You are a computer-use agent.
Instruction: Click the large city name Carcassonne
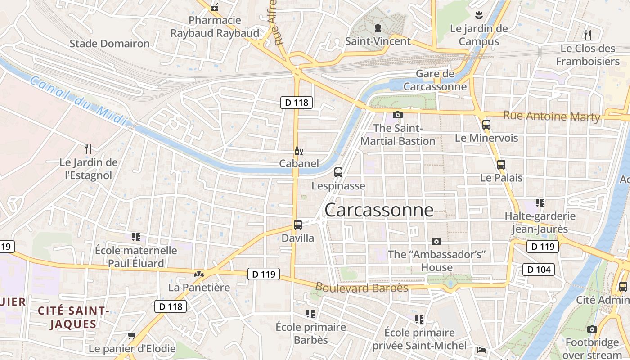pos(379,210)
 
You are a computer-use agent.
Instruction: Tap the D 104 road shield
pos(538,270)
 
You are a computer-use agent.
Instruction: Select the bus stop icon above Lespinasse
pos(338,172)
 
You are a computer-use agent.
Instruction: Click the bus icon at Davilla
pos(297,225)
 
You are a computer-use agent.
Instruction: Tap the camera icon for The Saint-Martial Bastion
pos(397,115)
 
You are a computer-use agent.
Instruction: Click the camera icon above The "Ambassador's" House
pos(436,242)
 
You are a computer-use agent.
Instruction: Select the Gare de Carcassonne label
pos(435,80)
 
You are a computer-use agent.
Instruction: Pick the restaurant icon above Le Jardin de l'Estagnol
pos(88,148)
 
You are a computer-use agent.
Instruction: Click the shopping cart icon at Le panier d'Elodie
pos(132,335)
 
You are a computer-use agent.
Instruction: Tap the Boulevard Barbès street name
pos(362,288)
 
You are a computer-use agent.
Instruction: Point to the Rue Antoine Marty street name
pos(552,116)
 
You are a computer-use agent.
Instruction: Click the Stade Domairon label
pos(109,44)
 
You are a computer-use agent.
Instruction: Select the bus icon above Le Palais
pos(501,165)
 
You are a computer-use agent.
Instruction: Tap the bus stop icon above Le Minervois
pos(486,125)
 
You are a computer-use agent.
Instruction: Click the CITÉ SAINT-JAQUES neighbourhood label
pos(73,317)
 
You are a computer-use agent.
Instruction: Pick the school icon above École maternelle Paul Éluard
pos(136,237)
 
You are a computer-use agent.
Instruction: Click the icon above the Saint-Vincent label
pos(378,28)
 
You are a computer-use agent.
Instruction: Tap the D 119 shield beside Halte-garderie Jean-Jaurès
pos(542,247)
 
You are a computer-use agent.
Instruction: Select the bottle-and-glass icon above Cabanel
pos(297,151)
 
